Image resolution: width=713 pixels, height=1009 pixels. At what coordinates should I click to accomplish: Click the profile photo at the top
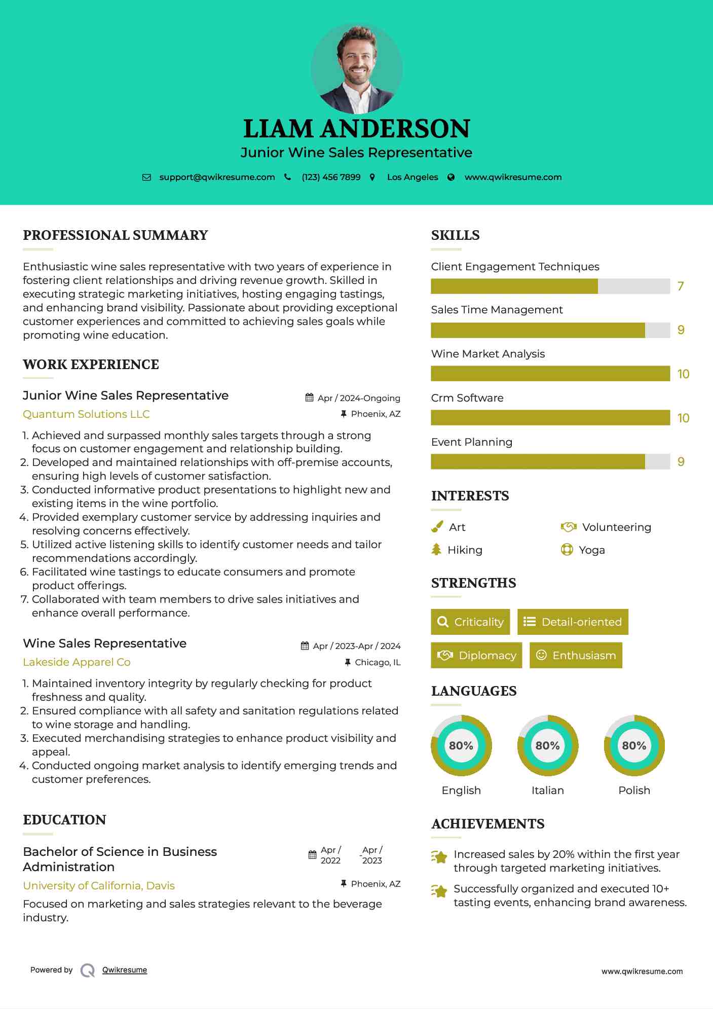[357, 68]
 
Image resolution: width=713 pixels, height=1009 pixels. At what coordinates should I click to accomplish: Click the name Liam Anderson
[357, 129]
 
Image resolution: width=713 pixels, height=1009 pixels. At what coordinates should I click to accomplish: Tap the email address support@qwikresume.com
[217, 177]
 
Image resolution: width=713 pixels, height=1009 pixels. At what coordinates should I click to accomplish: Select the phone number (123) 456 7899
[331, 177]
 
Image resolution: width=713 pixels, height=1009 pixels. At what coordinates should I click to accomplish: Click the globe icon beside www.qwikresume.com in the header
[451, 177]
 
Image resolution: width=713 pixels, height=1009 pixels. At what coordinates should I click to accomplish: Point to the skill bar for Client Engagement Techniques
[550, 286]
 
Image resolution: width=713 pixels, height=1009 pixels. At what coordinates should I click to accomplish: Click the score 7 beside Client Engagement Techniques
[681, 286]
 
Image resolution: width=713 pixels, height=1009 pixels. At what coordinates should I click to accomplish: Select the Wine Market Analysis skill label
[487, 354]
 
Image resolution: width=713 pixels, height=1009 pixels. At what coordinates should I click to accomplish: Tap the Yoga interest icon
[567, 550]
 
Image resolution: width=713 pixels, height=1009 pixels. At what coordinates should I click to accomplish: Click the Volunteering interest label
[616, 527]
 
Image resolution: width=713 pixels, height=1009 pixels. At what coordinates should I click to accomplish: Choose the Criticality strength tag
[470, 622]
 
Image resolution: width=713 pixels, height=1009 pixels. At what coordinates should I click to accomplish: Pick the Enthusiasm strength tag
[576, 656]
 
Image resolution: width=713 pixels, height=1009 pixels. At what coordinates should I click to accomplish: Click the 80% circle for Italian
[547, 746]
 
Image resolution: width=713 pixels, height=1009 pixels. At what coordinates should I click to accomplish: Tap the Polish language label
[634, 790]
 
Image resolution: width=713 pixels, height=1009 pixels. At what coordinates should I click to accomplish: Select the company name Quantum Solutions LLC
[86, 414]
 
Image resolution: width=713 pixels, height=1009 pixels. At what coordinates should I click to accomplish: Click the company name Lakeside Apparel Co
[77, 662]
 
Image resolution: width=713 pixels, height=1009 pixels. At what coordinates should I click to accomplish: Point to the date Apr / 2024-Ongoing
[359, 398]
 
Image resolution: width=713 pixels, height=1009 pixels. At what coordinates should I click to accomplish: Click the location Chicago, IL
[378, 662]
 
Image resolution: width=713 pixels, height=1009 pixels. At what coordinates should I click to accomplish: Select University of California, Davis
[99, 886]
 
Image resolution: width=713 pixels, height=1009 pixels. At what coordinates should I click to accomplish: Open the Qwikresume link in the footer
[125, 970]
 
